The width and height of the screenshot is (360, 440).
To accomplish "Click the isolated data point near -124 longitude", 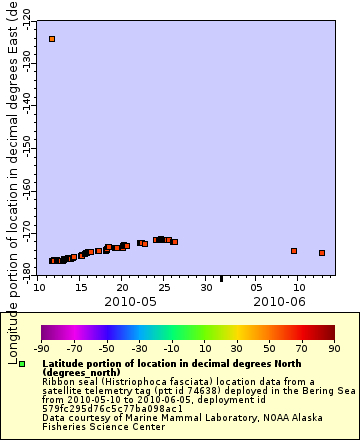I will [x=52, y=39].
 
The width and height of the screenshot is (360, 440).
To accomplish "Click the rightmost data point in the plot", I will [x=322, y=253].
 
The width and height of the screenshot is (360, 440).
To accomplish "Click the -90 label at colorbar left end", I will [x=42, y=349].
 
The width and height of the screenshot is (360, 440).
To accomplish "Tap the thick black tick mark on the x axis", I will [x=221, y=278].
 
